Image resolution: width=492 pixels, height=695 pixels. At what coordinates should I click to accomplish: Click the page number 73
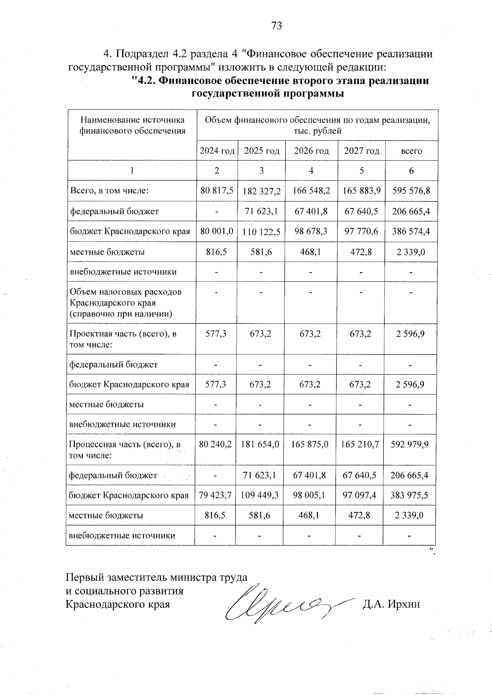277,26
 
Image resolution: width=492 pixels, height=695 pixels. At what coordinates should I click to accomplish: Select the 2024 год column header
217,151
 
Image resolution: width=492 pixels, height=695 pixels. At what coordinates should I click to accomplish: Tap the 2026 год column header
311,151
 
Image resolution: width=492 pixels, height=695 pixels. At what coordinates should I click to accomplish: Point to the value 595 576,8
411,191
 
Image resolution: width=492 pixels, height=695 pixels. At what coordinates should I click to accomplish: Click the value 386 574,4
411,231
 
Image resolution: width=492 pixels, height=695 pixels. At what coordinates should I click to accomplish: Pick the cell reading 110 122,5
261,232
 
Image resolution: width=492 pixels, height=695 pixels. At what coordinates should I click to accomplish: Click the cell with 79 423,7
215,495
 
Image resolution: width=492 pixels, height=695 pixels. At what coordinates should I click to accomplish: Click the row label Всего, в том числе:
109,191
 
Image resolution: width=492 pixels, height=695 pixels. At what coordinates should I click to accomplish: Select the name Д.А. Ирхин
391,604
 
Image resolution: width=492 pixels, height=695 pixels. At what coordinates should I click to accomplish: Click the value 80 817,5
217,191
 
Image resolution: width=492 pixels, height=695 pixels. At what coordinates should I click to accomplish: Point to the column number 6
411,171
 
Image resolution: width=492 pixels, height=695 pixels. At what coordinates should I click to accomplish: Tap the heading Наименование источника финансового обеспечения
132,125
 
